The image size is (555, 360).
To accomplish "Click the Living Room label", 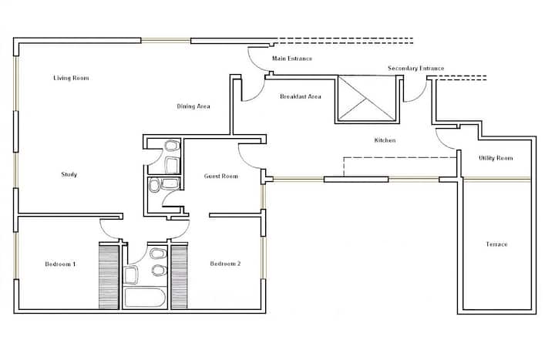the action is pyautogui.click(x=71, y=78).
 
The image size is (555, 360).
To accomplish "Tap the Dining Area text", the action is pyautogui.click(x=193, y=106).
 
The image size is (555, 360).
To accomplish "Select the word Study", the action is pyautogui.click(x=69, y=174).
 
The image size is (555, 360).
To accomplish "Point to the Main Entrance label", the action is pyautogui.click(x=292, y=59).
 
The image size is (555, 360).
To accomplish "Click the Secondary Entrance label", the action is pyautogui.click(x=416, y=68).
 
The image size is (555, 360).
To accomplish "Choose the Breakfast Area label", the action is pyautogui.click(x=301, y=96).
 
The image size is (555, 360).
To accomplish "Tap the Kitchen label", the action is pyautogui.click(x=385, y=140).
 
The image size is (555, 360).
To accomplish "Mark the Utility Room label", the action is pyautogui.click(x=496, y=158).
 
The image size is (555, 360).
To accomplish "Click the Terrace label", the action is pyautogui.click(x=496, y=244).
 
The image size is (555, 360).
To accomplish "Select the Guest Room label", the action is pyautogui.click(x=221, y=176).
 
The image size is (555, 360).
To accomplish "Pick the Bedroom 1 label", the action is pyautogui.click(x=60, y=264).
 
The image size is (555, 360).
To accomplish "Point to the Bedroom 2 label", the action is pyautogui.click(x=225, y=264).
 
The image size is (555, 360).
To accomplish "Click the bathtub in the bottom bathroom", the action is pyautogui.click(x=145, y=298).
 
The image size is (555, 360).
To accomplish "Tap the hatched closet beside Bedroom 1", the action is pyautogui.click(x=109, y=277).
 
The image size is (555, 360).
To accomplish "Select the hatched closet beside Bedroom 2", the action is pyautogui.click(x=179, y=277).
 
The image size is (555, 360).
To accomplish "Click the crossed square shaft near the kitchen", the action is pyautogui.click(x=367, y=99).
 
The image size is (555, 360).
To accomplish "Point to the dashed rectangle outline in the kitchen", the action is pyautogui.click(x=399, y=157).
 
